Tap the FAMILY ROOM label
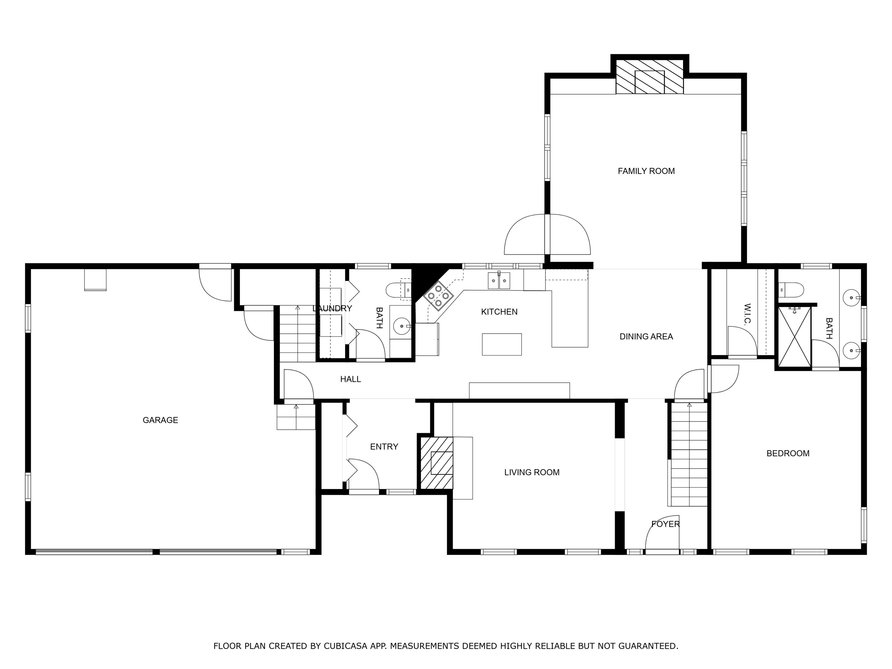pyautogui.click(x=646, y=171)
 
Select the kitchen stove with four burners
pyautogui.click(x=438, y=296)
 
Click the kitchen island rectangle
pyautogui.click(x=502, y=344)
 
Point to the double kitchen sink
pyautogui.click(x=499, y=281)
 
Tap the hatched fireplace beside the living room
pyautogui.click(x=436, y=463)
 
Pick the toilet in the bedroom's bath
pyautogui.click(x=791, y=290)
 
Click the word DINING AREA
pyautogui.click(x=646, y=336)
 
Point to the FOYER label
pyautogui.click(x=665, y=524)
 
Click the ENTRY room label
pyautogui.click(x=384, y=446)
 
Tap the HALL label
pyautogui.click(x=351, y=379)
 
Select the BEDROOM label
pyautogui.click(x=788, y=453)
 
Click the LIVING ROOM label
pyautogui.click(x=532, y=472)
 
